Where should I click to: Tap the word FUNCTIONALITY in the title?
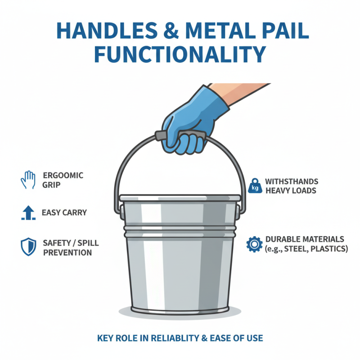click(180, 55)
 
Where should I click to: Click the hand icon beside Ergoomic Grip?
click(27, 179)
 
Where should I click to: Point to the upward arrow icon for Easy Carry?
click(27, 213)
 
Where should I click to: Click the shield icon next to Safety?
click(27, 247)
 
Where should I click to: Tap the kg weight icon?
click(254, 186)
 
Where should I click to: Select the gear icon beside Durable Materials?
click(254, 244)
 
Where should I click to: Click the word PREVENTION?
click(67, 252)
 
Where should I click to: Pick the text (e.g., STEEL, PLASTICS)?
click(306, 249)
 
